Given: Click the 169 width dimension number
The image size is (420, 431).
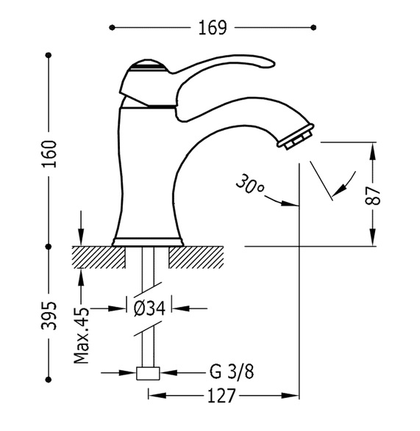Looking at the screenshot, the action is (213, 27).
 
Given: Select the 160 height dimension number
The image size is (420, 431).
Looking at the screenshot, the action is (49, 154).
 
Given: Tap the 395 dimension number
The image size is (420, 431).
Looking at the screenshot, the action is (49, 316).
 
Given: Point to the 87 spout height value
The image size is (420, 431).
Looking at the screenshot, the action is (372, 196).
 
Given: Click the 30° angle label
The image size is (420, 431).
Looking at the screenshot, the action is (249, 184).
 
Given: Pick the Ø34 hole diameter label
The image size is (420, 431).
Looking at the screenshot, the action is (149, 308).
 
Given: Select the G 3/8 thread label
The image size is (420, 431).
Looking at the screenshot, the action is (232, 372).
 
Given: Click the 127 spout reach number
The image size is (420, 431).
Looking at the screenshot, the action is (221, 396).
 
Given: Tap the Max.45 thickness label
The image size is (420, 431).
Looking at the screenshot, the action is (82, 336).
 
